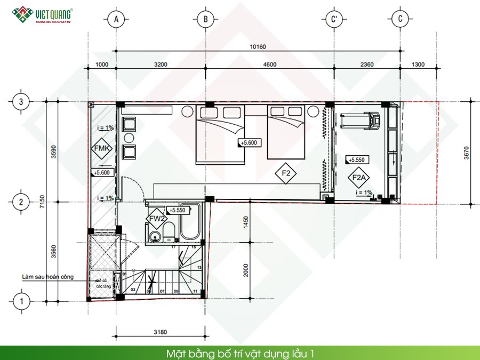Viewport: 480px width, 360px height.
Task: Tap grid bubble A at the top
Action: [x=116, y=20]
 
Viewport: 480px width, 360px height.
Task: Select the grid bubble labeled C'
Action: [x=334, y=20]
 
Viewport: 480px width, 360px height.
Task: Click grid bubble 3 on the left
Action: [x=21, y=101]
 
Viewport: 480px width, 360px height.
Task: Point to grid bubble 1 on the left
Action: [x=21, y=301]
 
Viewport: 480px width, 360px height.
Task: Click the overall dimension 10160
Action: [x=258, y=46]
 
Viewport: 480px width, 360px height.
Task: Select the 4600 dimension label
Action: [x=270, y=65]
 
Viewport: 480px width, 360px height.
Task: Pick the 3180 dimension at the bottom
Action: [x=159, y=332]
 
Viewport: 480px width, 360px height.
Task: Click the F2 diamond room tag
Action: [x=286, y=173]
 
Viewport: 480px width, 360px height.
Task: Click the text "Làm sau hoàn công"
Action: [x=48, y=277]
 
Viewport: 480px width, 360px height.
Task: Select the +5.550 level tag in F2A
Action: [x=356, y=159]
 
